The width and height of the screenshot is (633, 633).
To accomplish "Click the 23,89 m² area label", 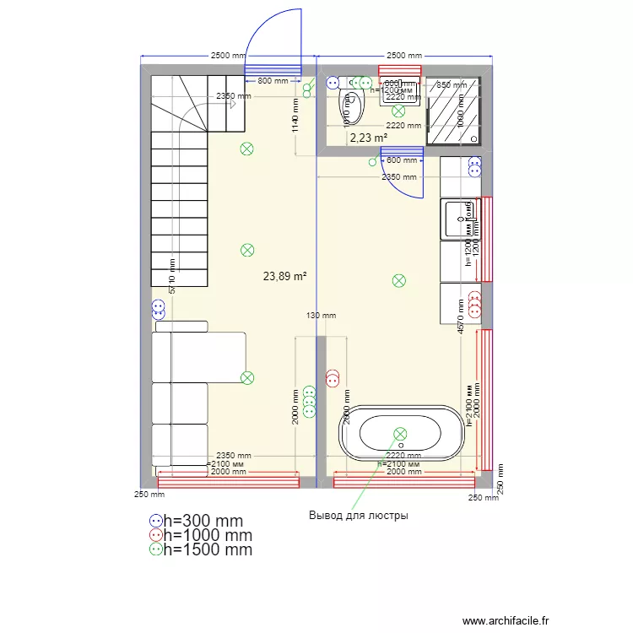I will [x=284, y=275].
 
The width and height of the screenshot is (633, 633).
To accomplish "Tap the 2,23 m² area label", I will [x=368, y=138].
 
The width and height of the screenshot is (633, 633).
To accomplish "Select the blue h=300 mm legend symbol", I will [x=155, y=522].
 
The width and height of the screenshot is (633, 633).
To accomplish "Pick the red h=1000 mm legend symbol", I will [x=155, y=535].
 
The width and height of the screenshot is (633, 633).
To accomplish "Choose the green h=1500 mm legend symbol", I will [x=155, y=549].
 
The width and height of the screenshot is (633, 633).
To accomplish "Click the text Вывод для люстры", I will [x=358, y=515].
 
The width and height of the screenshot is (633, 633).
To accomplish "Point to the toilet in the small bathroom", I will [x=349, y=105].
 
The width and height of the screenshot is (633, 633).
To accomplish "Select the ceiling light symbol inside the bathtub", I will [x=400, y=434].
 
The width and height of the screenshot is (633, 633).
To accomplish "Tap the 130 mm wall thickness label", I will [x=321, y=316].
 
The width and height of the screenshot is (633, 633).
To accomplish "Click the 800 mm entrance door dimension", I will [x=273, y=82].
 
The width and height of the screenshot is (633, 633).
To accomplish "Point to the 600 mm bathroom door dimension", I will [x=401, y=160].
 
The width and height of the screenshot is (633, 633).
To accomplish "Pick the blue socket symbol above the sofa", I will [x=158, y=308].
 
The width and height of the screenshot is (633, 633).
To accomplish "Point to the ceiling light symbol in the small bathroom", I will [x=398, y=110].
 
